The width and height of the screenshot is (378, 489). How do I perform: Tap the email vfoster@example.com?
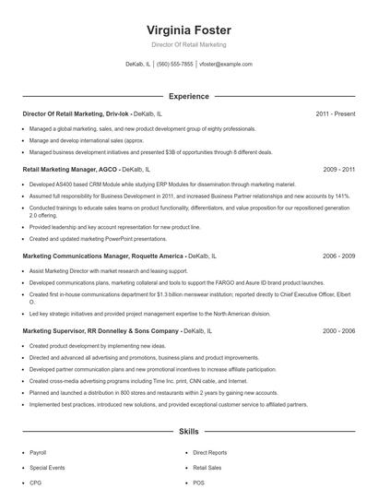pyautogui.click(x=226, y=65)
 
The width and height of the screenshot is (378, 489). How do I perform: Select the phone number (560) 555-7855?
pyautogui.click(x=175, y=65)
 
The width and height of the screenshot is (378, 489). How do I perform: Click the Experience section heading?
pyautogui.click(x=188, y=95)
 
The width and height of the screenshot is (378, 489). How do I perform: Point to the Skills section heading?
pyautogui.click(x=188, y=431)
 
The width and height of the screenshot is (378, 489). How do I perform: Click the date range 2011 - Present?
pyautogui.click(x=335, y=113)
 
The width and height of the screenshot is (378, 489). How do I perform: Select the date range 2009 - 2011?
pyautogui.click(x=338, y=170)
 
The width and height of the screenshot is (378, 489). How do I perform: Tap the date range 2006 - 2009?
pyautogui.click(x=338, y=255)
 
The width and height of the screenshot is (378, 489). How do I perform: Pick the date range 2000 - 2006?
pyautogui.click(x=338, y=329)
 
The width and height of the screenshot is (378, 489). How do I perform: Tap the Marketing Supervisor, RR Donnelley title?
pyautogui.click(x=100, y=329)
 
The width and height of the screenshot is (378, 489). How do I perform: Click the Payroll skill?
pyautogui.click(x=38, y=453)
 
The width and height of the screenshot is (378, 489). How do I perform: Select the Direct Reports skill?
pyautogui.click(x=210, y=453)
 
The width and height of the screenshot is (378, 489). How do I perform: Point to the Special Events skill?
pyautogui.click(x=47, y=468)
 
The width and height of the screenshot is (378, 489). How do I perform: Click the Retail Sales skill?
pyautogui.click(x=207, y=468)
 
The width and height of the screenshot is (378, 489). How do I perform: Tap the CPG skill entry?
pyautogui.click(x=36, y=483)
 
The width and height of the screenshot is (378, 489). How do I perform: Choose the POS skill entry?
pyautogui.click(x=199, y=483)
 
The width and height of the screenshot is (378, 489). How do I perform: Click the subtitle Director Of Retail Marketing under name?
pyautogui.click(x=188, y=44)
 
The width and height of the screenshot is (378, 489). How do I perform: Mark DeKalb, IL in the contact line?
pyautogui.click(x=137, y=65)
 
